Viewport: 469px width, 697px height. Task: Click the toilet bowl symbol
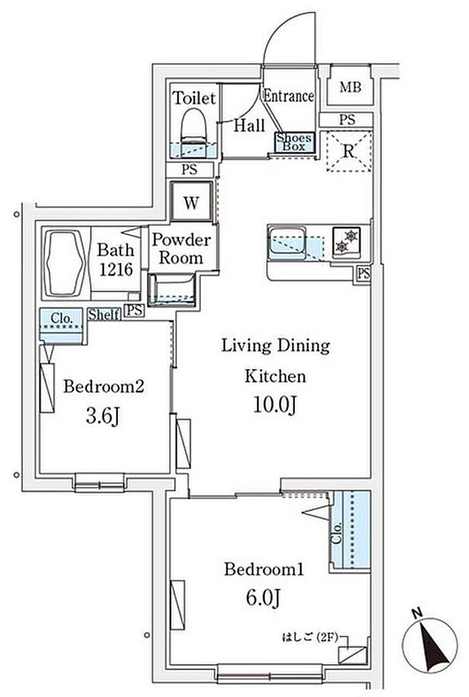[194, 126]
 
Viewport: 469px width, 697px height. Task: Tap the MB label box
[350, 86]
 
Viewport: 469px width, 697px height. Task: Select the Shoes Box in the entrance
[293, 142]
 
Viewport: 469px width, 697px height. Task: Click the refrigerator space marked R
[349, 151]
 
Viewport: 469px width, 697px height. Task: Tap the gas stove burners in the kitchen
[346, 241]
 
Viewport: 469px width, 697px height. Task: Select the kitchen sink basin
[287, 242]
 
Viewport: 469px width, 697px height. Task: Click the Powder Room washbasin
[172, 291]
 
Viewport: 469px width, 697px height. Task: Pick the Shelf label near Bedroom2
[104, 315]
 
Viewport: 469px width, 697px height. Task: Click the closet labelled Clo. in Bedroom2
[62, 325]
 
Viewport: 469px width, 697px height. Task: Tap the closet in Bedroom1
[351, 530]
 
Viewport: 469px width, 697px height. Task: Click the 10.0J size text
[275, 404]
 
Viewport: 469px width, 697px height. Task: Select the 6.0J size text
[263, 598]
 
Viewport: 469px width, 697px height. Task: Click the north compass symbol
[430, 644]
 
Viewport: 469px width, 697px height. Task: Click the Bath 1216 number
[116, 268]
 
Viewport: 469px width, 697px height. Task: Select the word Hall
[249, 125]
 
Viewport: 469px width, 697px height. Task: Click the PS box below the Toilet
[190, 169]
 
